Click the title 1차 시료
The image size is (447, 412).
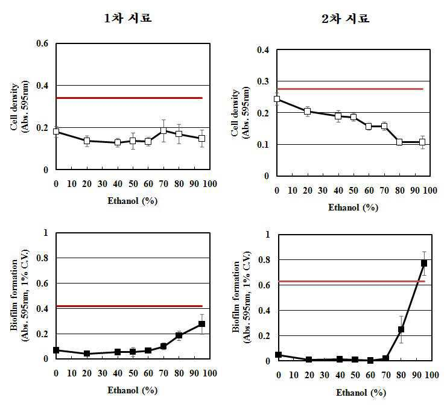coord(128,19)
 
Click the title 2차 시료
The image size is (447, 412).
coord(346,19)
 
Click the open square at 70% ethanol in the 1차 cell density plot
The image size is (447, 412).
coord(163,130)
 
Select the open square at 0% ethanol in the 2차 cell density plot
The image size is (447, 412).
coord(277,99)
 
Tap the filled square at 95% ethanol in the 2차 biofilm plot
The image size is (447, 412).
coord(424,264)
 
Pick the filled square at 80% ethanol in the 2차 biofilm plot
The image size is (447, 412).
coord(401,329)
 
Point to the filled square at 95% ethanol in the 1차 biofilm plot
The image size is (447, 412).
coord(202,324)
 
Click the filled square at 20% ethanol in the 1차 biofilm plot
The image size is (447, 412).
coord(87,353)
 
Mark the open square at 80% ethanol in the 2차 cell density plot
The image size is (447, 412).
coord(399,142)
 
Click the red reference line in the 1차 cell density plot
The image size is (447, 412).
coord(130,98)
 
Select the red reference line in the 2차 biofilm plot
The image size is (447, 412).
coord(352,282)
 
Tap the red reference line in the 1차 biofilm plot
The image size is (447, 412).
coord(130,306)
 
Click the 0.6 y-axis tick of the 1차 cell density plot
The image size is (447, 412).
coord(42,43)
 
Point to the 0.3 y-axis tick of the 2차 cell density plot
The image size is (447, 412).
coord(263,81)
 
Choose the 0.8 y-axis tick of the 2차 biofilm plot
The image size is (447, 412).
coord(264,260)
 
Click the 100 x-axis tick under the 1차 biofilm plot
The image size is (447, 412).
coord(210,373)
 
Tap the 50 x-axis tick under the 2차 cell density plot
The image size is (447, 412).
coord(353,191)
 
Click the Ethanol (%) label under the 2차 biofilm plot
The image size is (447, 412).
coord(361,393)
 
